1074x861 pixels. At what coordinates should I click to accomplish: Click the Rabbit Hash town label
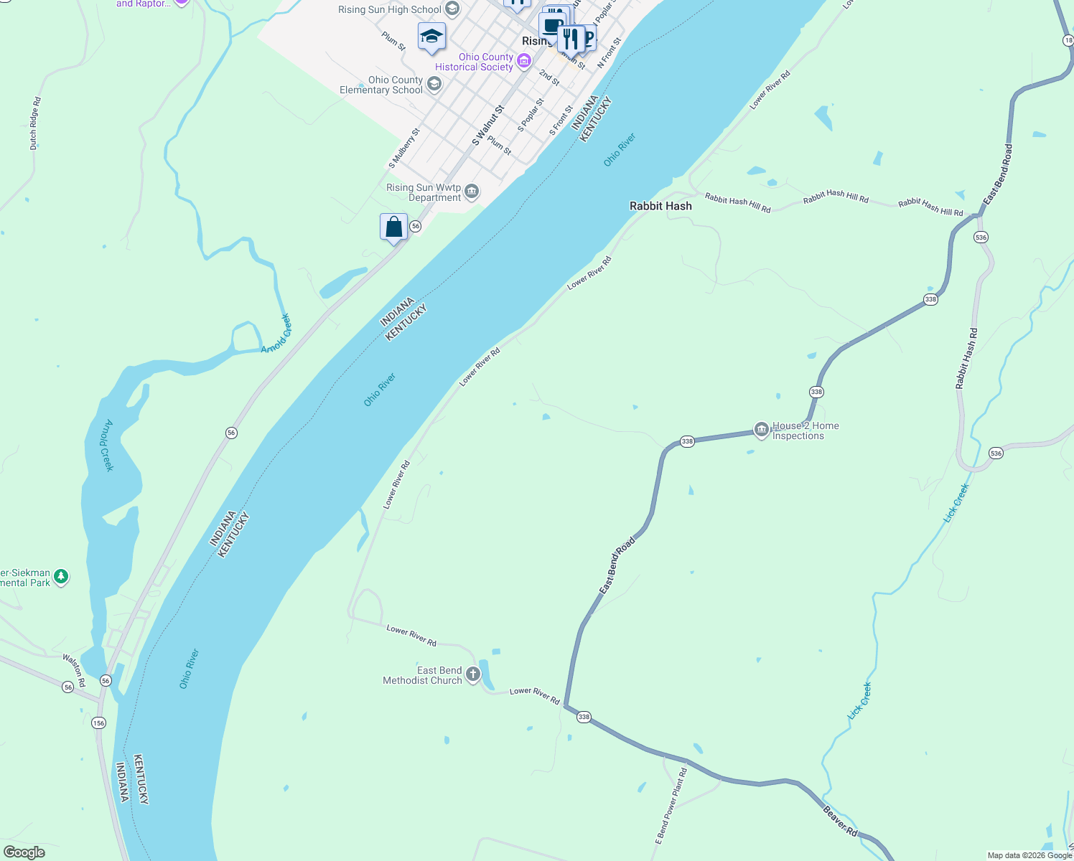[x=660, y=206]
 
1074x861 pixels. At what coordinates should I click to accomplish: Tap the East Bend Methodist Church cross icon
[x=472, y=674]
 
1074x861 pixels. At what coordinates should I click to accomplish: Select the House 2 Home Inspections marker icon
[x=761, y=430]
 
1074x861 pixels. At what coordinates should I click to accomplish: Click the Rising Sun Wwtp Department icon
[x=472, y=191]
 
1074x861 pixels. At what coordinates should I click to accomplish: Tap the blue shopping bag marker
[x=393, y=227]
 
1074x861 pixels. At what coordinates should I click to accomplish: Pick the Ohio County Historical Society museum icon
[x=524, y=61]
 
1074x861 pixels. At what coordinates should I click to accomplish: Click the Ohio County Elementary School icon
[x=434, y=85]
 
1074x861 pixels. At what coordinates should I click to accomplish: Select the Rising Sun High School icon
[x=452, y=9]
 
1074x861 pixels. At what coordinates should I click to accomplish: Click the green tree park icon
[x=61, y=576]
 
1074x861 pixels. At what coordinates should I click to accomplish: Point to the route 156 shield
[x=98, y=723]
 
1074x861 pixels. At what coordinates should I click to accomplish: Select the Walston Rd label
[x=74, y=669]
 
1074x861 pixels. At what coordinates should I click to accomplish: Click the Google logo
[x=24, y=852]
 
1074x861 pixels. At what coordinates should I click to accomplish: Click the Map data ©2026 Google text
[x=1029, y=855]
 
